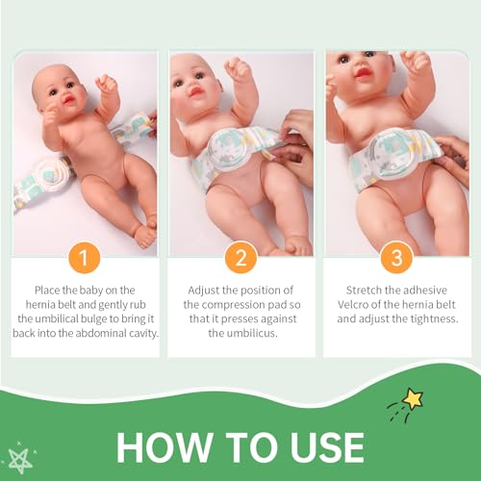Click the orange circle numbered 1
tap(85, 258)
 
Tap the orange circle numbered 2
tap(240, 258)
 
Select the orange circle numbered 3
tap(396, 258)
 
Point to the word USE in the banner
tap(328, 447)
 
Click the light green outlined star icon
tap(20, 457)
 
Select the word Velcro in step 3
tap(352, 304)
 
